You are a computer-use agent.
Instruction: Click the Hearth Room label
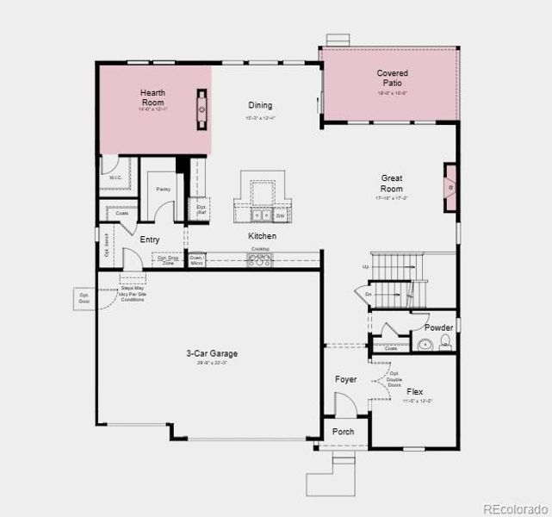pos(152,97)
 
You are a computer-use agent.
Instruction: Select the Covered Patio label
pos(392,78)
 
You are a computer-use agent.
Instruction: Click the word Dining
pos(261,104)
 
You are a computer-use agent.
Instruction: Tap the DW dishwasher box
pos(280,215)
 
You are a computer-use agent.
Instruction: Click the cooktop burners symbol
pos(259,258)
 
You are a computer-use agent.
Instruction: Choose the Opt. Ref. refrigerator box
pos(201,209)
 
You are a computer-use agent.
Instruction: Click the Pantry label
pos(163,189)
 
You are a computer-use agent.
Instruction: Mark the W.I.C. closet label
pos(115,178)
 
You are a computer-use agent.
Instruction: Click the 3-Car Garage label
pos(211,354)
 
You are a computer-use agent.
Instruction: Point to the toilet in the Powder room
pos(444,343)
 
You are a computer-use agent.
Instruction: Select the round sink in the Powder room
pos(424,345)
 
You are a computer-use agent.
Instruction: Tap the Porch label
pos(344,432)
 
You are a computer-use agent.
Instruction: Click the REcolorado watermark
pos(515,508)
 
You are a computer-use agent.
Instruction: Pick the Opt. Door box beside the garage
pos(84,299)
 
